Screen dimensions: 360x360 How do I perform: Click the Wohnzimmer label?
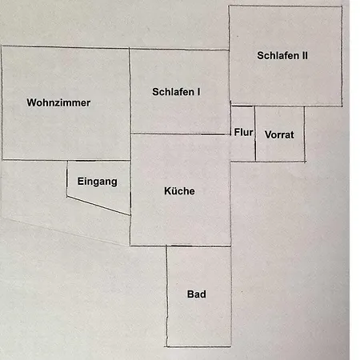click(58, 102)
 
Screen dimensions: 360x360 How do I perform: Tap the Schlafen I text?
click(176, 92)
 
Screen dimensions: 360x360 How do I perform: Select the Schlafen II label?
click(282, 55)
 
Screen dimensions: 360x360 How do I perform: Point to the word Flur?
click(243, 132)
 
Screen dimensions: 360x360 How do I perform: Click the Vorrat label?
click(279, 134)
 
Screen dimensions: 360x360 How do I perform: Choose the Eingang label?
click(97, 182)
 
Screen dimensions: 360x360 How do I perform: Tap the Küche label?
click(179, 191)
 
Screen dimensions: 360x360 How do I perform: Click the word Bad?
click(196, 294)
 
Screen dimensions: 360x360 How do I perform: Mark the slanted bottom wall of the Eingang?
click(98, 206)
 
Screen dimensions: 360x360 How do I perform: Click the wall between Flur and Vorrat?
click(255, 134)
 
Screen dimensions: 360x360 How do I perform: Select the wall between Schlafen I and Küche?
click(180, 134)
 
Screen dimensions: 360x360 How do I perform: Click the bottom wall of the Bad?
click(198, 346)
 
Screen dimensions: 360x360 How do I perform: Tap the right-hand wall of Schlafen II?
click(342, 56)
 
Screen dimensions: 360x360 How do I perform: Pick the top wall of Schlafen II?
click(286, 6)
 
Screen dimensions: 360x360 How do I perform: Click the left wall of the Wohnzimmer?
click(2, 103)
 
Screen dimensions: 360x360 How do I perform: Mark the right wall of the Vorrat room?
click(305, 134)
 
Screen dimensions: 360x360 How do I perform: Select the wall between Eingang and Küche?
click(130, 188)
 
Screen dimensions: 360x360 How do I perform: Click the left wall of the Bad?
click(167, 296)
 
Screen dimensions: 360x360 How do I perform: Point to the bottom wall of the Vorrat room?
click(280, 162)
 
